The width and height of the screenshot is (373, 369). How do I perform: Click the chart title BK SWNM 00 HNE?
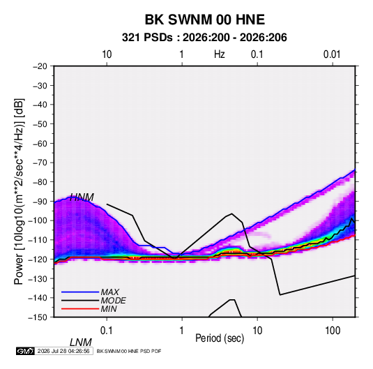(x=204, y=20)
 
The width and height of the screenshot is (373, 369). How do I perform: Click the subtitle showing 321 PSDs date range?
(x=204, y=38)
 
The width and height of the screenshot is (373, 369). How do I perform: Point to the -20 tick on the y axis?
(x=40, y=66)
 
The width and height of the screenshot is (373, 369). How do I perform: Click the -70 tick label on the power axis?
(x=40, y=163)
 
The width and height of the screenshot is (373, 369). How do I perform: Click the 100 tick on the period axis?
(x=333, y=331)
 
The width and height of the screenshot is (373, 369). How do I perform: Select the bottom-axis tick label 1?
(x=181, y=331)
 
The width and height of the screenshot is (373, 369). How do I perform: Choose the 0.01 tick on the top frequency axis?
(x=332, y=54)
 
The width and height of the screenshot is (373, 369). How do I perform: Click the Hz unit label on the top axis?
(x=220, y=54)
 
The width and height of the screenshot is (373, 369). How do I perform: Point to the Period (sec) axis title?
(x=220, y=338)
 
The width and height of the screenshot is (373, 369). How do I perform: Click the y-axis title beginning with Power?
(x=19, y=191)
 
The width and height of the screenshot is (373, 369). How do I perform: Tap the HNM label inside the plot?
(x=82, y=197)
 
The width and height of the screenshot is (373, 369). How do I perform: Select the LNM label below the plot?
(x=81, y=342)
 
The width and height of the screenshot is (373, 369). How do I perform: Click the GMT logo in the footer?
(x=26, y=351)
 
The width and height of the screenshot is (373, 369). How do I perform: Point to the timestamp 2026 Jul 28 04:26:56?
(x=63, y=351)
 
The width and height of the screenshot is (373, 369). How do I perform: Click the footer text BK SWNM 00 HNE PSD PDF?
(x=129, y=351)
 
